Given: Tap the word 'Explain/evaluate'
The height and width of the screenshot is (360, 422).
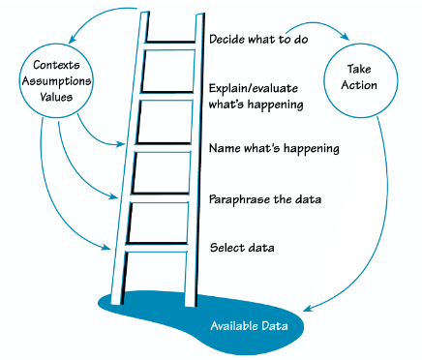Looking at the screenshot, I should coord(255,86).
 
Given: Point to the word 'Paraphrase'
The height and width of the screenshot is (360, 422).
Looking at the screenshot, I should coord(239,199).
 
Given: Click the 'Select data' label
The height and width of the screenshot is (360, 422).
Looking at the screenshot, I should coord(242,248).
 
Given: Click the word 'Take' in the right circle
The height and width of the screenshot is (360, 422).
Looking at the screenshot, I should coord(365,70).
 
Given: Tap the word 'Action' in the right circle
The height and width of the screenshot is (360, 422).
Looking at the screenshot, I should coord(365,85).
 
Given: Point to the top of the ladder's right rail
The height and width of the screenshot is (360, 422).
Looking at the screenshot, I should coord(199,16).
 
